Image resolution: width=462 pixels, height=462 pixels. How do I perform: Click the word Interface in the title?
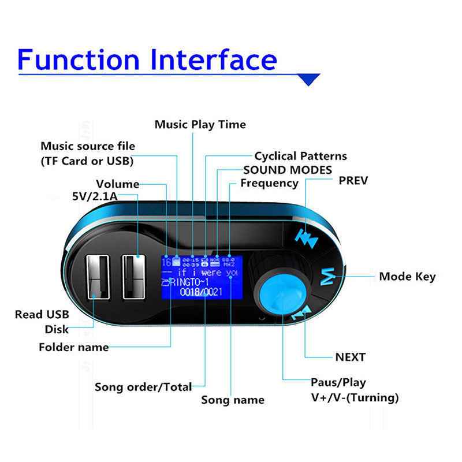click(x=214, y=59)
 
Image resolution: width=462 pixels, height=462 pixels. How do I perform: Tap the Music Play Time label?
click(x=200, y=125)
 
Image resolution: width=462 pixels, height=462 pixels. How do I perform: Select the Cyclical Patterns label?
click(x=300, y=156)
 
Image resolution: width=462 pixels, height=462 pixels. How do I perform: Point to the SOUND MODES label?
click(x=287, y=170)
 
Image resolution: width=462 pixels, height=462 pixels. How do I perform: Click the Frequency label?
click(x=269, y=183)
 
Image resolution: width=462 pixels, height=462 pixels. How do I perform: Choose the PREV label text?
click(x=353, y=181)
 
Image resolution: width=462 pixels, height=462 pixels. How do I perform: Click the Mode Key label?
click(x=407, y=277)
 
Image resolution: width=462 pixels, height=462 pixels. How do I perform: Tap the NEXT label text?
click(x=350, y=357)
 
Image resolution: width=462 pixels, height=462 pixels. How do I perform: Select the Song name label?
click(x=232, y=400)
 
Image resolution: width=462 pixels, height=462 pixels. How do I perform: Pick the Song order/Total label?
click(x=143, y=387)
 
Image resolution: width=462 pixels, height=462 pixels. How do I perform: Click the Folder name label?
click(x=73, y=347)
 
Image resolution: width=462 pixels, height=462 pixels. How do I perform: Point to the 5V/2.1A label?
click(x=95, y=198)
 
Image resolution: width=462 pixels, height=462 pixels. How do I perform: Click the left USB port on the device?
click(x=99, y=277)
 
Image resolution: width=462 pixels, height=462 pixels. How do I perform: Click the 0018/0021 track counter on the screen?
click(x=200, y=292)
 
